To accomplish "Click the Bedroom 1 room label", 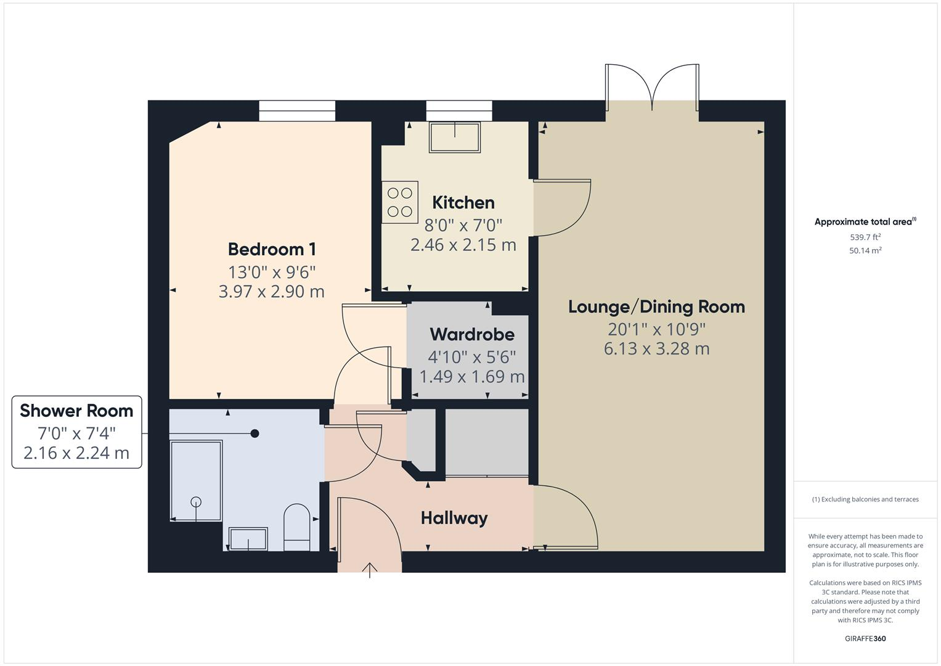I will coord(272,249).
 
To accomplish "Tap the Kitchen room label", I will coord(463,202).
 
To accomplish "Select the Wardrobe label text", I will coord(471,334).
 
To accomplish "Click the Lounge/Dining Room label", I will coord(656,306).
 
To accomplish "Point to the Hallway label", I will coord(454,518).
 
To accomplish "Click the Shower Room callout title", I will coord(76,411).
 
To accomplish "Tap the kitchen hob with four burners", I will coord(400,202).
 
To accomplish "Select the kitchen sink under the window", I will coord(455,137).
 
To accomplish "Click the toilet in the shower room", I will coord(297,527).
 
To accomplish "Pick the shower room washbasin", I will coord(248,538).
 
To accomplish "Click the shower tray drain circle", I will coord(196,501).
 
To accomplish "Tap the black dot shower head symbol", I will coord(255,434).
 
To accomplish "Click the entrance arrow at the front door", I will coord(370,570).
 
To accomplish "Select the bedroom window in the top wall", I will coord(297,111).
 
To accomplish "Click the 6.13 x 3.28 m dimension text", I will coord(656,348).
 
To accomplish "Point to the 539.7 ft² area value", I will coord(865,237).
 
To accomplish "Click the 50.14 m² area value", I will coord(865,250).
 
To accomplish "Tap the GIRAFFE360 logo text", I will coord(865,638).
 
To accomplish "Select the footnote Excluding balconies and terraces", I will coord(865,499).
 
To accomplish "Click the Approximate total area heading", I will coord(864,222).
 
